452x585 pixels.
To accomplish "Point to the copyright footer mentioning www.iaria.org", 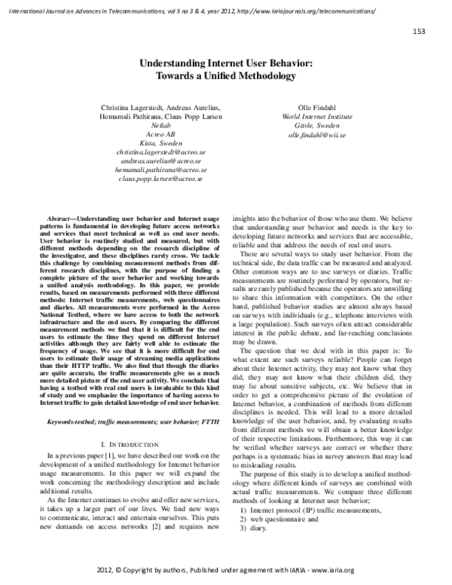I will coord(226,571).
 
